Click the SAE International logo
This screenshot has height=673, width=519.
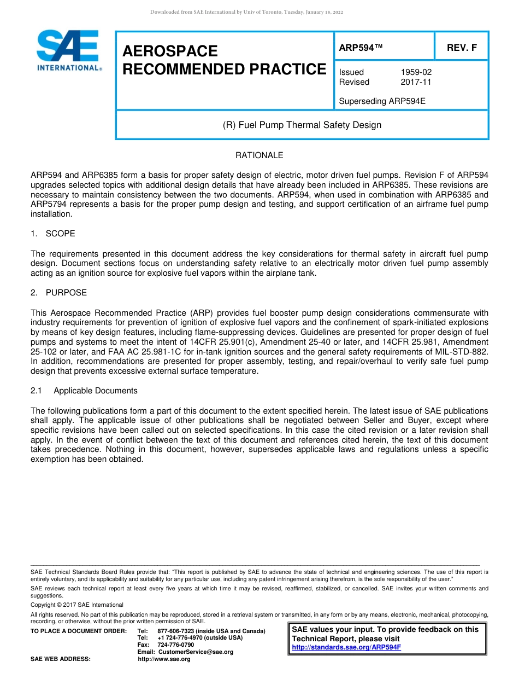[x=68, y=50]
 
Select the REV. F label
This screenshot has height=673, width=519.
[x=462, y=48]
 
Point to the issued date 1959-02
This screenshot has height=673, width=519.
[x=416, y=72]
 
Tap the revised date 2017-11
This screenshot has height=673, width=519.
[x=416, y=82]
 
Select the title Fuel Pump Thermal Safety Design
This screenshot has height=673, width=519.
[x=302, y=125]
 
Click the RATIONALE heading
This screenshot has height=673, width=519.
[x=259, y=155]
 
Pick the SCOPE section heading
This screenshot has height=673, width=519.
[x=60, y=234]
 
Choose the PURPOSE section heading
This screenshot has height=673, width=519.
[x=66, y=293]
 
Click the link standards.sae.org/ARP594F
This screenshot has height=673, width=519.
[x=346, y=647]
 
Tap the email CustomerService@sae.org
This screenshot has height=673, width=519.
[x=196, y=652]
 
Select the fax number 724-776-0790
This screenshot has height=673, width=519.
[x=175, y=645]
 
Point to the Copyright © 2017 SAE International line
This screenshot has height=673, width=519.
[x=77, y=605]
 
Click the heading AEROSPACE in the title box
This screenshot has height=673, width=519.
[x=170, y=51]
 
